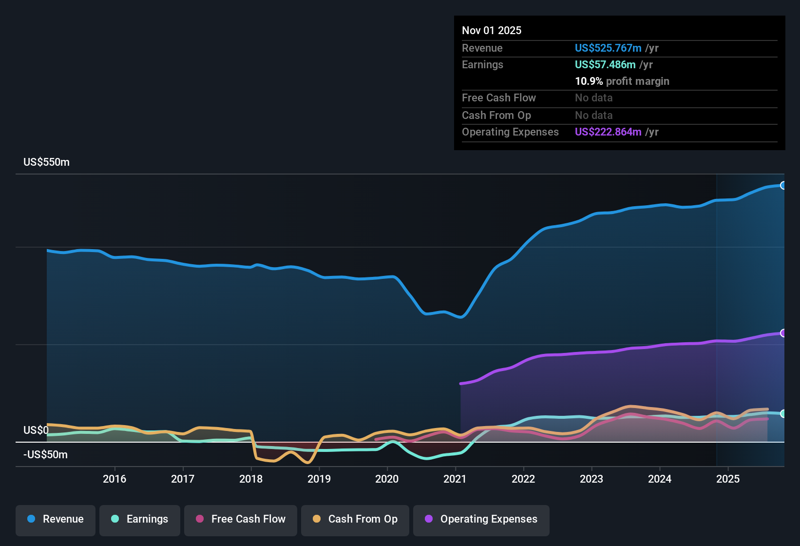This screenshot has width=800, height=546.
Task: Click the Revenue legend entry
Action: [x=56, y=519]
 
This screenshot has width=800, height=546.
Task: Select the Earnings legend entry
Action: [x=140, y=519]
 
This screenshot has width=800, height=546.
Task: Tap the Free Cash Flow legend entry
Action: [x=241, y=519]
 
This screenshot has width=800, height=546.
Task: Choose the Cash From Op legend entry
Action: [x=355, y=519]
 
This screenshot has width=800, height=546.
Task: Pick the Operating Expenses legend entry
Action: [x=481, y=519]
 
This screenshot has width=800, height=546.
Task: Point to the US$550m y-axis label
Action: [x=46, y=162]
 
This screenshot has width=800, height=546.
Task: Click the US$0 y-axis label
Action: [x=36, y=430]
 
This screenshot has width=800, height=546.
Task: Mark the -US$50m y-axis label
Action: [x=45, y=455]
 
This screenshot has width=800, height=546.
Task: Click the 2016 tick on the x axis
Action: [x=114, y=479]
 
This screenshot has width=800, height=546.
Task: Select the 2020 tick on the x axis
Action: [x=387, y=479]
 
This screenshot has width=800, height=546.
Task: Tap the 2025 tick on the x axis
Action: [x=728, y=479]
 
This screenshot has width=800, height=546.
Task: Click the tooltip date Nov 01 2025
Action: [x=492, y=31]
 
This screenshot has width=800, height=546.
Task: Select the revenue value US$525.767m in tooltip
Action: [x=608, y=48]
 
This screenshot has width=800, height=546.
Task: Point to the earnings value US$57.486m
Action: [x=605, y=65]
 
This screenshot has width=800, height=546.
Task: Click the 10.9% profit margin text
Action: [x=622, y=81]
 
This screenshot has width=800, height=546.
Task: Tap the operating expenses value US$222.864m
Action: [x=608, y=132]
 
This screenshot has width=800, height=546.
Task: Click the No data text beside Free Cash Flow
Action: [x=593, y=98]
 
